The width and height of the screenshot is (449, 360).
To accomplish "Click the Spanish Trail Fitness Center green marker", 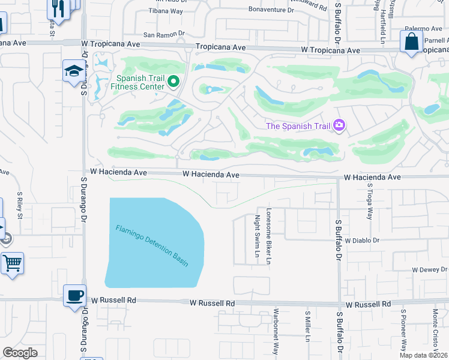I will click(173, 81).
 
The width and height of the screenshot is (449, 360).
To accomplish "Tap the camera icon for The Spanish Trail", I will click(339, 125).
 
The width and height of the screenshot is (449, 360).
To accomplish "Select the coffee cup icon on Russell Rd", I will click(75, 295).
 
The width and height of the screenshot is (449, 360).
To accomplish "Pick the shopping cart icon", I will click(12, 263).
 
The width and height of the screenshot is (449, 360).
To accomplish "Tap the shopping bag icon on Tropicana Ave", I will click(412, 41).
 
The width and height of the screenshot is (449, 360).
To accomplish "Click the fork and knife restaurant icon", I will click(58, 8).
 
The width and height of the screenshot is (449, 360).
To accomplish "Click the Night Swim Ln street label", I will click(257, 237).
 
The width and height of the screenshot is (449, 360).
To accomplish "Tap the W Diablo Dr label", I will click(363, 241).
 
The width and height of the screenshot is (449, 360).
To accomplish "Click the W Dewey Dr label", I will click(429, 269).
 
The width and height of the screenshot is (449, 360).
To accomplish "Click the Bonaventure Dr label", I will click(271, 10).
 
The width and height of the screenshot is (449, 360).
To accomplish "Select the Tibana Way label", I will click(166, 11).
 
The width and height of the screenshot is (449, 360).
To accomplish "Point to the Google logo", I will click(20, 353).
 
